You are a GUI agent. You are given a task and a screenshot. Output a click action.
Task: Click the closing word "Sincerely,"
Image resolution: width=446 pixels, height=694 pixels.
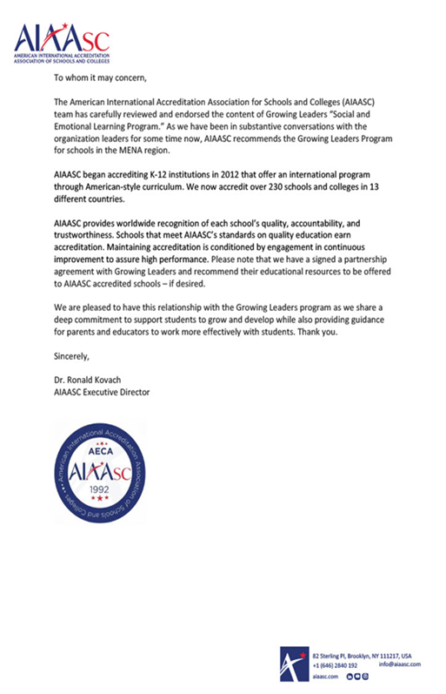tap(72, 355)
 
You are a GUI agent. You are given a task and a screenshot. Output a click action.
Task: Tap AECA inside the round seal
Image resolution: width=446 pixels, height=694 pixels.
tap(103, 454)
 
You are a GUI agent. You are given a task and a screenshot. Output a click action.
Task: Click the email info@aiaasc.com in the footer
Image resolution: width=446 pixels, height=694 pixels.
tap(400, 664)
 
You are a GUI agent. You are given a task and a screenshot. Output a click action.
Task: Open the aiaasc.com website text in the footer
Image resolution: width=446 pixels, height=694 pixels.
tap(324, 676)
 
